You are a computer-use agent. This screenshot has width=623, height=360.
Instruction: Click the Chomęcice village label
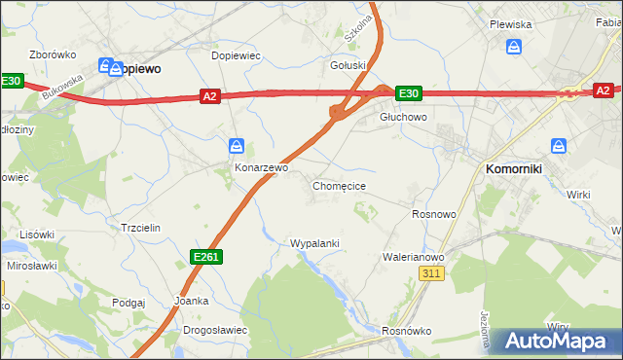pos(339,185)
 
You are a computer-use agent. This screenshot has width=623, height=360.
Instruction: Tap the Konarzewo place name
pos(262,167)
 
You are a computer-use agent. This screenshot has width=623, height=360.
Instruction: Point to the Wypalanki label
pos(314,243)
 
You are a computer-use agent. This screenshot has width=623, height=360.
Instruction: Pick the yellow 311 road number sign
pos(433,274)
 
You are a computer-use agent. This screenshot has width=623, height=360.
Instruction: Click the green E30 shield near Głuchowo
pos(408,93)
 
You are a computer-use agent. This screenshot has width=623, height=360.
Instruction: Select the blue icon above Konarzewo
pos(237,146)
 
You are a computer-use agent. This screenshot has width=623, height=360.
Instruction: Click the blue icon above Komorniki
pos(559,146)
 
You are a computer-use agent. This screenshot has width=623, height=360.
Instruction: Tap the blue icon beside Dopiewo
pos(105,66)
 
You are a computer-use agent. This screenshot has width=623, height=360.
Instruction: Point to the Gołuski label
pos(348,66)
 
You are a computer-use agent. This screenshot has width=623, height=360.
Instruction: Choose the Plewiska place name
pos(510,24)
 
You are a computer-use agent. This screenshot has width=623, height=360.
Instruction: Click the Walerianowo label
pos(413,257)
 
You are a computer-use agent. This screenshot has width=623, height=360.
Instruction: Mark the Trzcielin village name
pos(140,227)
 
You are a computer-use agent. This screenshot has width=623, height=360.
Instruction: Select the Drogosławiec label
pos(215,330)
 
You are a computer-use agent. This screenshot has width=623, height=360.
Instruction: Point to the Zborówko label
pos(54,54)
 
